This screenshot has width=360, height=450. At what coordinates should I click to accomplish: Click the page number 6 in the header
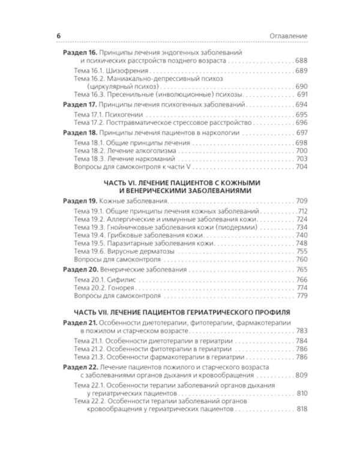[58, 37]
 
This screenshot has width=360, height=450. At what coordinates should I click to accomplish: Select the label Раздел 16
[80, 53]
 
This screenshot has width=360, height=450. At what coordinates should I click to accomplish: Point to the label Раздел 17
[80, 104]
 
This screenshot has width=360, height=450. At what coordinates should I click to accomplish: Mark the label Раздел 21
[80, 323]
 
